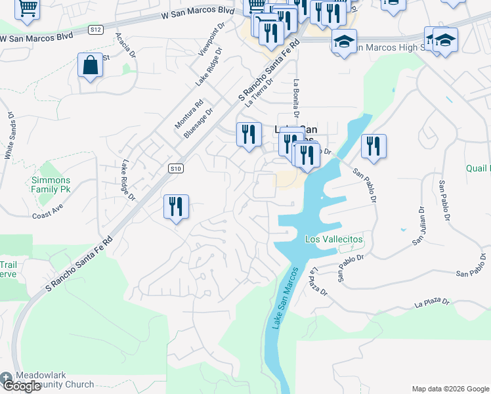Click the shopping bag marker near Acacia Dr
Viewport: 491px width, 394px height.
point(90,66)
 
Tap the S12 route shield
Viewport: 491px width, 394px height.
point(96,30)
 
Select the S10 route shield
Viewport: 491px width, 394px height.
point(174,169)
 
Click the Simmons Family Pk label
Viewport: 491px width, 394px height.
point(51,185)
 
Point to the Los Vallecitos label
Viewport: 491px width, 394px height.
point(334,240)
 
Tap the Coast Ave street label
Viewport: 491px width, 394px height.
point(47,213)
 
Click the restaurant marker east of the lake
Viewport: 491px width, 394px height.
point(374,146)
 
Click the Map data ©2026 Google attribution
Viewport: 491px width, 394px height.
point(450,389)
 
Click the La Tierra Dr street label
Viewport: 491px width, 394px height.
point(259,93)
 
